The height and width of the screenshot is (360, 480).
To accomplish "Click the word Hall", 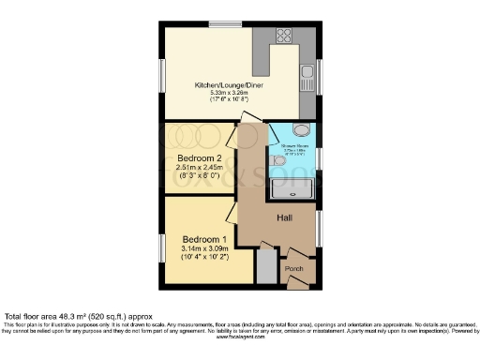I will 287,218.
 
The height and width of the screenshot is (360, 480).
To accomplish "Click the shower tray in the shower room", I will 293,188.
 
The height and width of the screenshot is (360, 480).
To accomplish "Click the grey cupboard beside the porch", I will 266,268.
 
